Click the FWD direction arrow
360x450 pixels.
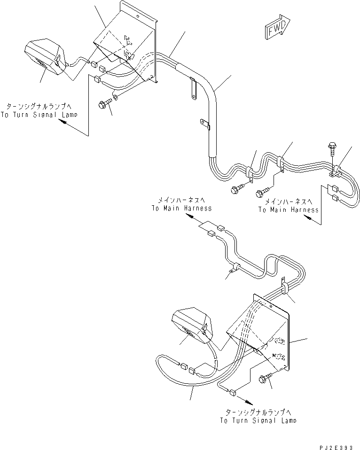(278, 29)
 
